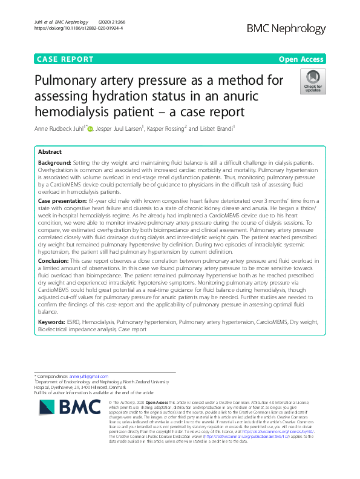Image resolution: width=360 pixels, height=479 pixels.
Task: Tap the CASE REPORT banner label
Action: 65,59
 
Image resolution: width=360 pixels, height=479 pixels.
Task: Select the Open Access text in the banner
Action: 302,59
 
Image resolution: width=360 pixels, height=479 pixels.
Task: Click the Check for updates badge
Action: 313,83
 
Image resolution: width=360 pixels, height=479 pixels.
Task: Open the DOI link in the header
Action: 78,28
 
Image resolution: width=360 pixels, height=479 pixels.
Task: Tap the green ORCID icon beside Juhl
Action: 90,128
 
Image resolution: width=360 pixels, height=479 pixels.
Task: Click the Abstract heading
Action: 50,152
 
